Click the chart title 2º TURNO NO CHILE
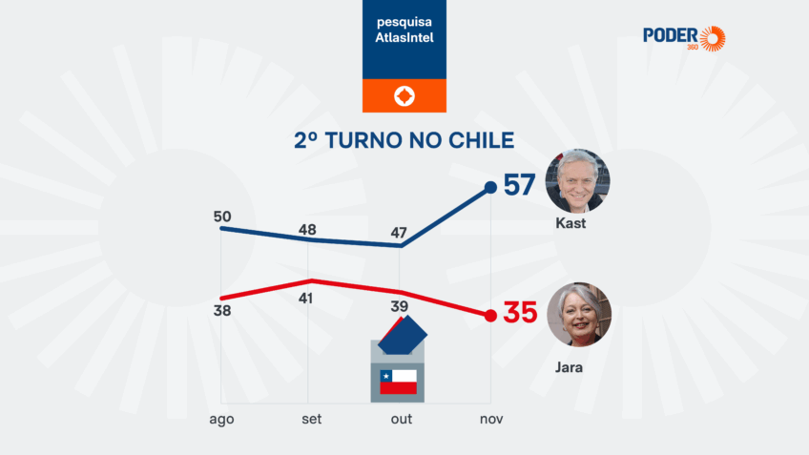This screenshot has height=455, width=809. [x=404, y=140]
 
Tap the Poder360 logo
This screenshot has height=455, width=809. [x=684, y=38]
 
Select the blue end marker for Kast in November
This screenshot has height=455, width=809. [x=490, y=187]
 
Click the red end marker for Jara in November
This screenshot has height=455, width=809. [x=490, y=316]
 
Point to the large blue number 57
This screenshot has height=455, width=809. [x=519, y=185]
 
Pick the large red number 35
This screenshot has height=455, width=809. [x=520, y=313]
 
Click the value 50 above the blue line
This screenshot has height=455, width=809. [x=222, y=216]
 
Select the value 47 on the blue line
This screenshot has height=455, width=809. [x=400, y=233]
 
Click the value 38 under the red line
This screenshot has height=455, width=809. [x=222, y=311]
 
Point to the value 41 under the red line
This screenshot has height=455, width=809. [x=311, y=299]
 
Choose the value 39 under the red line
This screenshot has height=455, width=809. [x=400, y=306]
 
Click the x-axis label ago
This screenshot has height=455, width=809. [x=221, y=419]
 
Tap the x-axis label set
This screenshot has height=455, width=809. [x=311, y=419]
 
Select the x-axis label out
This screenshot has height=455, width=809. [x=401, y=419]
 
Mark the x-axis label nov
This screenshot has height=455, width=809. [x=490, y=419]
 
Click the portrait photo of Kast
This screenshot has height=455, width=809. [x=577, y=180]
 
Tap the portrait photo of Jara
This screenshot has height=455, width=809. [x=577, y=314]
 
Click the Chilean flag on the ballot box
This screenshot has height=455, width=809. [x=398, y=382]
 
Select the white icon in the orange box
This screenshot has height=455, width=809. [x=404, y=96]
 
